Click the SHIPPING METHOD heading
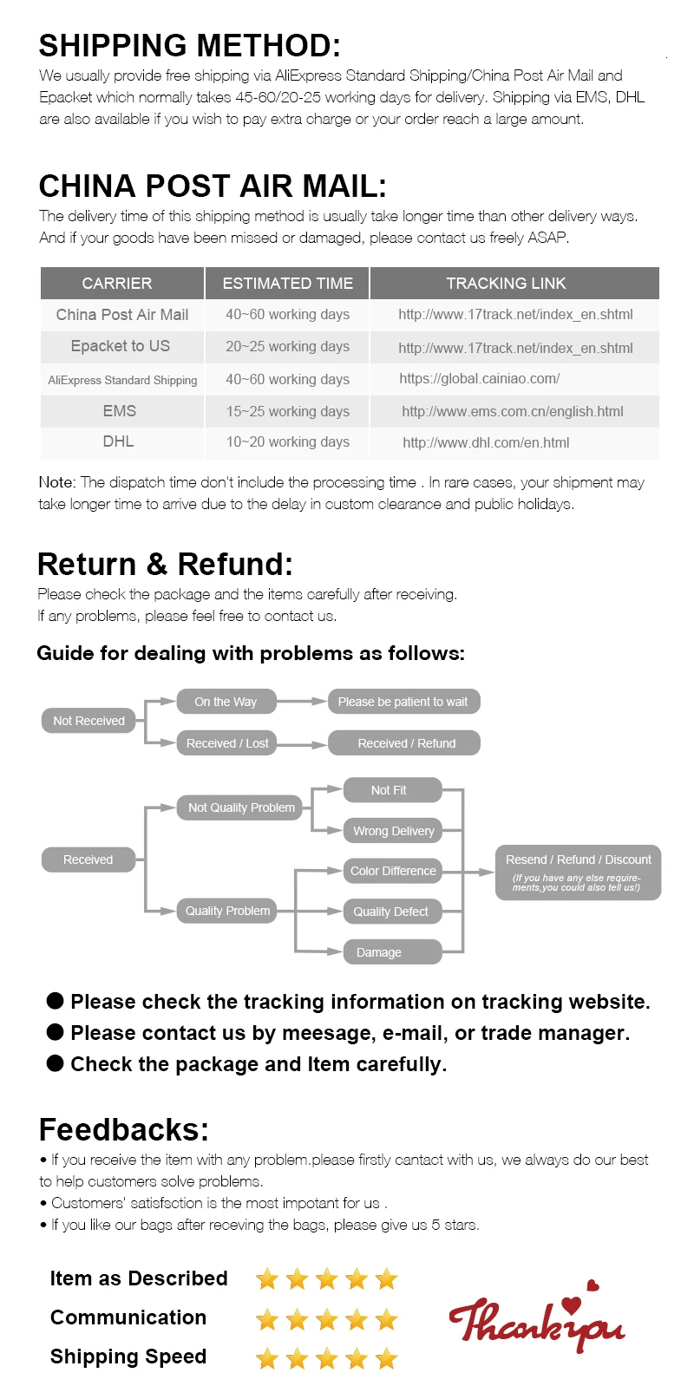point(190,45)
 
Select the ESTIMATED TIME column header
point(287,284)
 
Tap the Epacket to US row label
point(121,346)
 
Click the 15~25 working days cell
point(287,411)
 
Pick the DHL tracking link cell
point(486,442)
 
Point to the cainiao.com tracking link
point(479,378)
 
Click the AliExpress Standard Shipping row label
point(122,380)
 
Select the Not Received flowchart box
point(88,721)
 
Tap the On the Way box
point(226,702)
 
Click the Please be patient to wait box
point(403,702)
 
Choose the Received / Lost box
point(227,743)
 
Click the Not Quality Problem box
point(241,807)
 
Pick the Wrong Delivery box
point(393,831)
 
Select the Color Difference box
point(393,871)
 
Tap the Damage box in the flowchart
point(392,952)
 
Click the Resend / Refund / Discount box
point(578,872)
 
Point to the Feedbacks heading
point(124,1129)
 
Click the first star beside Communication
point(267,1320)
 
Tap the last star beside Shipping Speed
point(387,1358)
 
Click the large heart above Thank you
point(571,1305)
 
